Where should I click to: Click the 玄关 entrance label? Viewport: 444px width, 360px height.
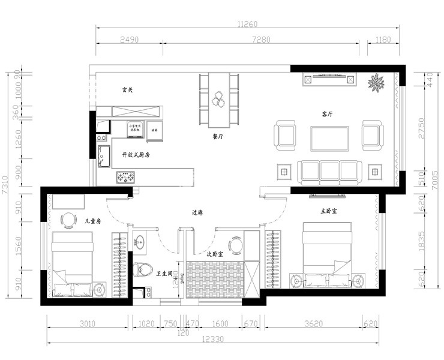point(127,90)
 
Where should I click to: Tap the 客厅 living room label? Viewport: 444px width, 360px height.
point(328,113)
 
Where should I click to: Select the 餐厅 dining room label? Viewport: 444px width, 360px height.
point(218,136)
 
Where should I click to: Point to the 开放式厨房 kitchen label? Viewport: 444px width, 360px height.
point(136,154)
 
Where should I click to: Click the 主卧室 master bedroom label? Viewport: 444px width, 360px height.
point(328,211)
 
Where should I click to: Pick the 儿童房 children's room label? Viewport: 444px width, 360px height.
point(92,221)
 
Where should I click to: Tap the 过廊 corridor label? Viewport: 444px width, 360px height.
point(197,212)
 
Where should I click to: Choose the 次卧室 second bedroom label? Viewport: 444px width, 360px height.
point(215,254)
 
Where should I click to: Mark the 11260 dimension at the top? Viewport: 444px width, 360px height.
point(247,24)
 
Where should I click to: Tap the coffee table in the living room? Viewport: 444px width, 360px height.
point(329,138)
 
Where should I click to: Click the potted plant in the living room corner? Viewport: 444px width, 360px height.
point(376,82)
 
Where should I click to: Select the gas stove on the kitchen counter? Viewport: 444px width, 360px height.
point(126,177)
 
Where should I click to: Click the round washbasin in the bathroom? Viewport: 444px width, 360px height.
point(140,242)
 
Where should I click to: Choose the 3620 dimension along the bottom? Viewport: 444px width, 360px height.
point(313,324)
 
